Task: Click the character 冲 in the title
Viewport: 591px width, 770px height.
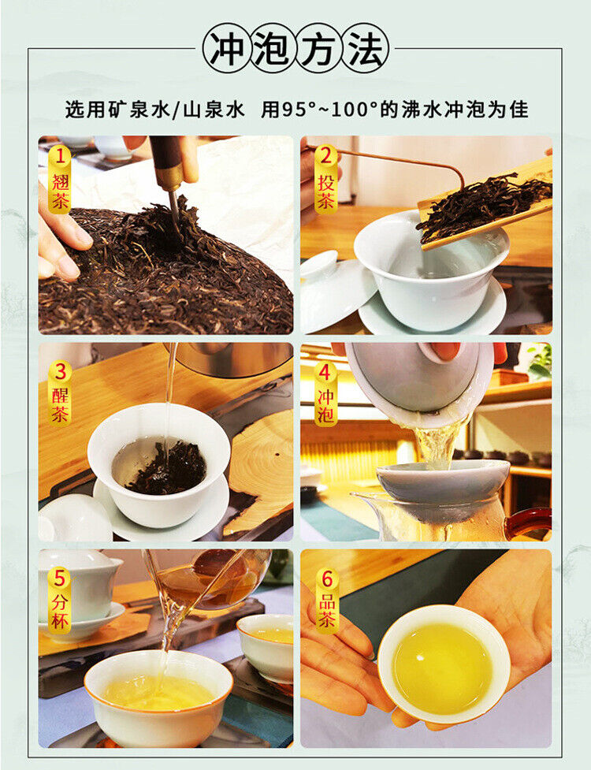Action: pyautogui.click(x=226, y=49)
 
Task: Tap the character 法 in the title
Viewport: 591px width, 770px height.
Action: pyautogui.click(x=366, y=49)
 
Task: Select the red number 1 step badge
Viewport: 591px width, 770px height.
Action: pyautogui.click(x=60, y=157)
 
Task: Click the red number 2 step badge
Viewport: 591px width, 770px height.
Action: pyautogui.click(x=325, y=157)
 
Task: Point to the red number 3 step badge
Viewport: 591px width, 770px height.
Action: pyautogui.click(x=60, y=371)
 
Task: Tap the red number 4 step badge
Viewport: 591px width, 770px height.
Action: pyautogui.click(x=325, y=372)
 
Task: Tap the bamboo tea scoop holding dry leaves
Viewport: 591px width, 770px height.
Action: pyautogui.click(x=486, y=205)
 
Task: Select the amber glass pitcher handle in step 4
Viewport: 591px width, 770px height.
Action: pyautogui.click(x=529, y=523)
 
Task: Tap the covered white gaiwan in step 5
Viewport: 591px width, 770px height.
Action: pyautogui.click(x=78, y=592)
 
